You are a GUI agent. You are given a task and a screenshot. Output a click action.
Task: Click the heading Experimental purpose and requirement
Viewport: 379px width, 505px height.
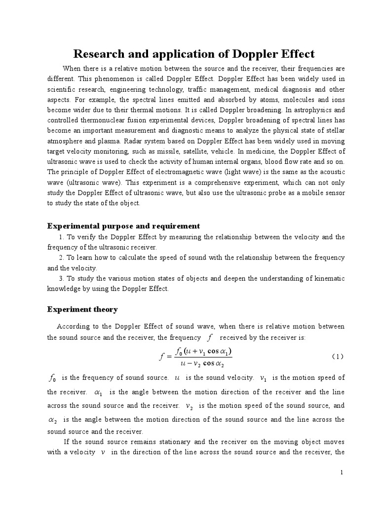pyautogui.click(x=123, y=226)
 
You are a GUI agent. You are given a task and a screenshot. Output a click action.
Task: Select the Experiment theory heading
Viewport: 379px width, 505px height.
pyautogui.click(x=82, y=309)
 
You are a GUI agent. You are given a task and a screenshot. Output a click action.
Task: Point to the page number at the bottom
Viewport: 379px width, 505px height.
pyautogui.click(x=341, y=472)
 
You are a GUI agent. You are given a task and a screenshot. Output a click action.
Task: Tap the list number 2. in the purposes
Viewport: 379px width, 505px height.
pyautogui.click(x=61, y=258)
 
